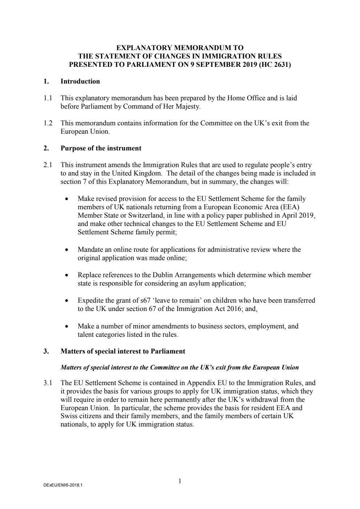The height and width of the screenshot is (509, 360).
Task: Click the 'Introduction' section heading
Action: click(80, 81)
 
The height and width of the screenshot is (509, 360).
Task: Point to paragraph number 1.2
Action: click(48, 123)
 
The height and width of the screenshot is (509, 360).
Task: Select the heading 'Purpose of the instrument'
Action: click(101, 148)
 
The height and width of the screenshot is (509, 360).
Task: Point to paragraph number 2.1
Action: click(48, 165)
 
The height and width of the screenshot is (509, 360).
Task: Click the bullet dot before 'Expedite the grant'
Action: click(66, 301)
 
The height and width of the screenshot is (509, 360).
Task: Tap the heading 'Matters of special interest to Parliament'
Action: click(123, 351)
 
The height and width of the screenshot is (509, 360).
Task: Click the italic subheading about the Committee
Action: click(179, 367)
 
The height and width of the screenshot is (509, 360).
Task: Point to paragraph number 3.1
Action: click(48, 383)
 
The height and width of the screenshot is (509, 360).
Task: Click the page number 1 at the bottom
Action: click(180, 481)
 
